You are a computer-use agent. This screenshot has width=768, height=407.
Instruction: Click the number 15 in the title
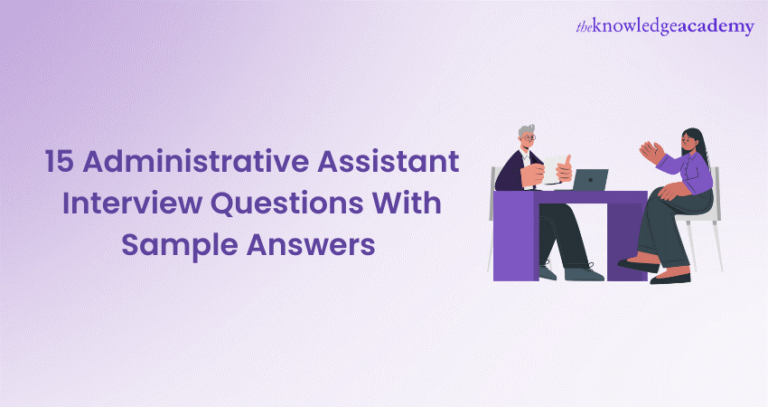tap(61, 161)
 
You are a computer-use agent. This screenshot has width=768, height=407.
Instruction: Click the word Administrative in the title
tap(196, 161)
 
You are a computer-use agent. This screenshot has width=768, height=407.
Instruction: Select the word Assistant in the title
tap(388, 161)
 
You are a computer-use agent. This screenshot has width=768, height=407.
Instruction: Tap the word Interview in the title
tap(132, 203)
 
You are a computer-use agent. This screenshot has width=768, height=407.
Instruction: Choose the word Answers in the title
tap(311, 245)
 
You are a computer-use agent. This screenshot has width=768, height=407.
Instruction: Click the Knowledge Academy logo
tap(665, 26)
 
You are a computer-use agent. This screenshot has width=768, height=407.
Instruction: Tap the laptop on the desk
tap(589, 180)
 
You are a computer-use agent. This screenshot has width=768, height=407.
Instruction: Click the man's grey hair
tap(526, 131)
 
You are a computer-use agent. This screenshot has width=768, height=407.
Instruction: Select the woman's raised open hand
tap(652, 152)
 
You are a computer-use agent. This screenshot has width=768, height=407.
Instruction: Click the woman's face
tap(688, 141)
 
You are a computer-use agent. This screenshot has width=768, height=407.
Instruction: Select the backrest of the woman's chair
tap(716, 193)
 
